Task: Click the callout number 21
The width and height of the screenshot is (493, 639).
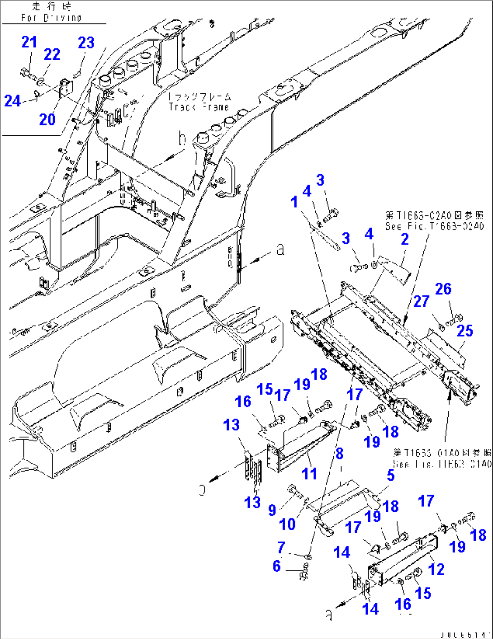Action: [29, 42]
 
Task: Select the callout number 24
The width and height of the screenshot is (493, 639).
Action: [12, 100]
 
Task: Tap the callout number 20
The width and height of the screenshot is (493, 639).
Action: [47, 119]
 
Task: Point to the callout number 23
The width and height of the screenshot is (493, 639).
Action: [86, 43]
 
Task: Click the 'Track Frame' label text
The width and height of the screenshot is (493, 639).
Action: [199, 107]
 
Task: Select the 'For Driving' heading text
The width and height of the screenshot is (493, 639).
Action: [51, 18]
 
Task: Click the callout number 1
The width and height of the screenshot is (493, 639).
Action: [294, 202]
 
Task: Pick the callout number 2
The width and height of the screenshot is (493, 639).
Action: [404, 239]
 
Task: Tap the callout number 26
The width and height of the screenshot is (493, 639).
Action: [443, 289]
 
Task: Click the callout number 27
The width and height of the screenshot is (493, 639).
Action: [421, 301]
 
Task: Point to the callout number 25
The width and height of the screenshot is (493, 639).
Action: [465, 331]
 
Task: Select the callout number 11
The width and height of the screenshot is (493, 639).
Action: [309, 474]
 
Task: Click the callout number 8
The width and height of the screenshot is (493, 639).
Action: [339, 453]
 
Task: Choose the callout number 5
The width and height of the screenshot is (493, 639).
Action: [390, 475]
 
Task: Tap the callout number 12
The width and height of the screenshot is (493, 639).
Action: [436, 569]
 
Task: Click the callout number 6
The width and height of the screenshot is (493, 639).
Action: [276, 566]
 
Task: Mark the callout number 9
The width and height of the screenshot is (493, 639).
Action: [272, 510]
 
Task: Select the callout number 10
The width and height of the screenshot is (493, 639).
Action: [287, 524]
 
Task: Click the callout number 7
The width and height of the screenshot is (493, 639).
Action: [281, 547]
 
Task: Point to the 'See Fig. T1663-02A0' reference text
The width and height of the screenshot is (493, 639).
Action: [434, 226]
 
